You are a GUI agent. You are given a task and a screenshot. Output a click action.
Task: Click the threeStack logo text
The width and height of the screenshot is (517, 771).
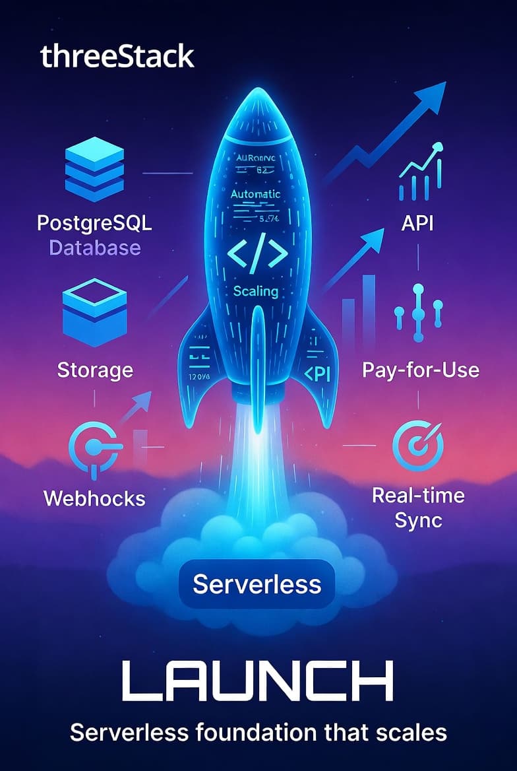coord(117,57)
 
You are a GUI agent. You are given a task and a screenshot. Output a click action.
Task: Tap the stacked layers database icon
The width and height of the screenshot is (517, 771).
coord(94,170)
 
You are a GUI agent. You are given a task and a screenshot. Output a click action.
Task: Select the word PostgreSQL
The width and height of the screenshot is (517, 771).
coord(94,222)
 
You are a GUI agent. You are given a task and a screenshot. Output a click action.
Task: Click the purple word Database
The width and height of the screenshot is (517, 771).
coord(95,248)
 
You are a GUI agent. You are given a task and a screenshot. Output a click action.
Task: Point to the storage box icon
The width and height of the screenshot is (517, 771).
coord(94,312)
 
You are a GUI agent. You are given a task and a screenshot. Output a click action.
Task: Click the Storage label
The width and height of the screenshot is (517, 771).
coord(95,370)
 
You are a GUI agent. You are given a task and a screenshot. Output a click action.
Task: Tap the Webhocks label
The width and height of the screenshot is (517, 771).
coord(94,498)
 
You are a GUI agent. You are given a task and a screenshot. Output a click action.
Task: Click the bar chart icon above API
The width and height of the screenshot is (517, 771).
coord(420,173)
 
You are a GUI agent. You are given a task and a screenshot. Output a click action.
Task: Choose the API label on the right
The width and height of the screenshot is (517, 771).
coord(417,223)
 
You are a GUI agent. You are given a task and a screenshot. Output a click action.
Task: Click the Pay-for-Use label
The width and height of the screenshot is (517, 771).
coord(420,370)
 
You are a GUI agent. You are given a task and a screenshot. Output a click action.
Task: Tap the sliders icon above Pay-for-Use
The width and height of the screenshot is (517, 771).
coord(417,313)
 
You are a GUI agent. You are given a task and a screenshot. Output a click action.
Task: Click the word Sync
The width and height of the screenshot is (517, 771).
coord(418,520)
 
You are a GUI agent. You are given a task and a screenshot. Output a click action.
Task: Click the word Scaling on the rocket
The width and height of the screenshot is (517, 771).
coord(256,290)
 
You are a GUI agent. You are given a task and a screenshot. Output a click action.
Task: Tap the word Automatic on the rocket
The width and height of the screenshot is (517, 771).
coord(255,195)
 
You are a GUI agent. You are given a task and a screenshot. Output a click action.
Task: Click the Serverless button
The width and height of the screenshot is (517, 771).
coord(257,584)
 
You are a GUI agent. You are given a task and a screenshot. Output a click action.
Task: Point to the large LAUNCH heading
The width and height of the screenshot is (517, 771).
coord(258,679)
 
